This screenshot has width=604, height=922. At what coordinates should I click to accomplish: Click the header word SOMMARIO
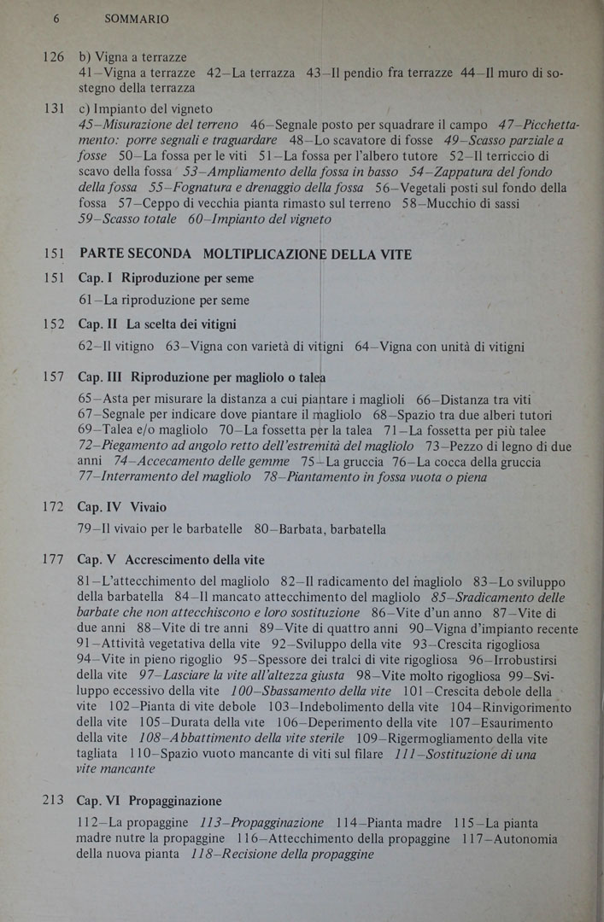(x=137, y=18)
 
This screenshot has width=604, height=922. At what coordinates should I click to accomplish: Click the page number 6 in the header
(x=56, y=18)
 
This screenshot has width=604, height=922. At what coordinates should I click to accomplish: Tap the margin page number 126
(x=53, y=57)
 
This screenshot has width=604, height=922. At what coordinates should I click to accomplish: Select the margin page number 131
(x=53, y=110)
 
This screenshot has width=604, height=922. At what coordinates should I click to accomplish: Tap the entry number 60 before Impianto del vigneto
(x=196, y=219)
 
